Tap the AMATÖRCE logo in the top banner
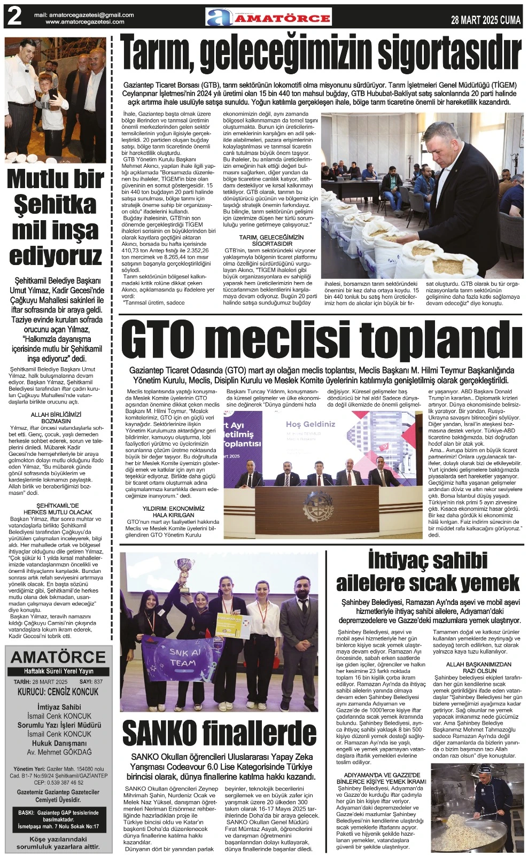269,18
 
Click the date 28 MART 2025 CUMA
485,20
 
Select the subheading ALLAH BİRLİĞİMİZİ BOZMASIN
56,417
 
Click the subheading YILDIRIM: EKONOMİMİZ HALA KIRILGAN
173,511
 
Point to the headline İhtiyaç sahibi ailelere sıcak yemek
428,571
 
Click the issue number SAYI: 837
91,682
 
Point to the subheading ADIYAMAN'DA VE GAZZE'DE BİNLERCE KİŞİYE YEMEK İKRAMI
382,778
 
